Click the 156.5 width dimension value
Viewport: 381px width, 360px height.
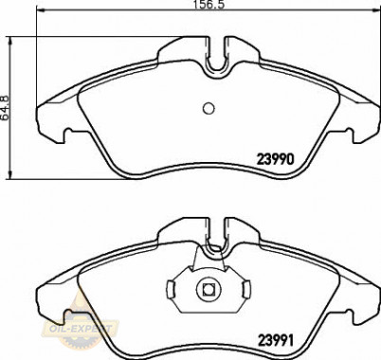pyautogui.click(x=209, y=5)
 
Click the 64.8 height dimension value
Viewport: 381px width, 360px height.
pyautogui.click(x=6, y=107)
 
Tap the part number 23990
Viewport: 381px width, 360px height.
pyautogui.click(x=276, y=159)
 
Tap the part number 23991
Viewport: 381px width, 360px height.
pyautogui.click(x=277, y=340)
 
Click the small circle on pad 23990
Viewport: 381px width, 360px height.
pyautogui.click(x=209, y=108)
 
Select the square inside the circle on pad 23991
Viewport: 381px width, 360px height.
pyautogui.click(x=209, y=289)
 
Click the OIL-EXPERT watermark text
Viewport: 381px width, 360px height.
pyautogui.click(x=79, y=329)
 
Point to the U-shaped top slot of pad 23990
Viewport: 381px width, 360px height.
pyautogui.click(x=217, y=70)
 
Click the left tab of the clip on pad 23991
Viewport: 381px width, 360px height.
pyautogui.click(x=171, y=289)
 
